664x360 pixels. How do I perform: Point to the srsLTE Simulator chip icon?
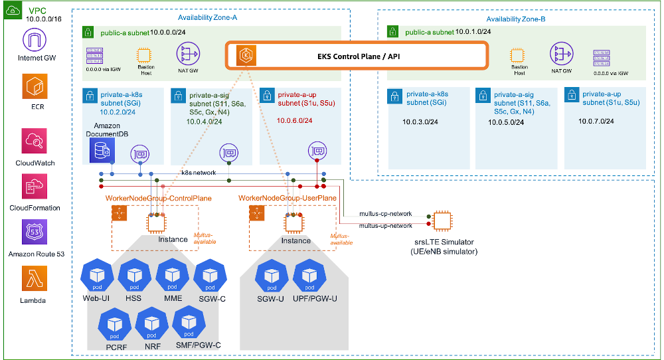442,221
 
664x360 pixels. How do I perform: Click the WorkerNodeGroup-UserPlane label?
287,198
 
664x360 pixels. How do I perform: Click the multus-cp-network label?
386,214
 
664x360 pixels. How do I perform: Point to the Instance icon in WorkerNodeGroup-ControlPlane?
157,224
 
